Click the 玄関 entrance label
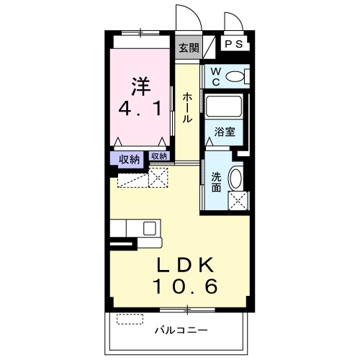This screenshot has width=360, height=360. tap(189, 49)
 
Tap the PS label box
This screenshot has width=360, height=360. tap(235, 44)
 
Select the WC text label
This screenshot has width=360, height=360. tap(215, 76)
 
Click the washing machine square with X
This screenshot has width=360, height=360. tap(238, 202)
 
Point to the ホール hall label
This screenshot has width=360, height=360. tap(187, 107)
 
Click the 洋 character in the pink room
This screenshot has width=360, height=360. tap(140, 86)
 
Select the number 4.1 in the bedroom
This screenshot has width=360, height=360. tap(140, 113)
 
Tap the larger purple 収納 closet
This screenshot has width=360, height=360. tap(129, 160)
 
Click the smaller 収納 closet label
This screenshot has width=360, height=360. tap(159, 156)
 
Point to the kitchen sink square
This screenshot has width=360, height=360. tap(149, 228)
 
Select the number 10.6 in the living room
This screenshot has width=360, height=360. tap(185, 287)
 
